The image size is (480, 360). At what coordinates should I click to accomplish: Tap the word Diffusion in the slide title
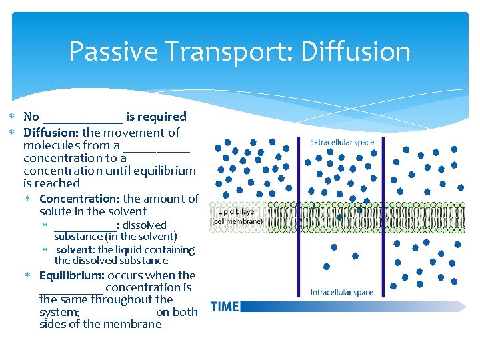click(x=355, y=52)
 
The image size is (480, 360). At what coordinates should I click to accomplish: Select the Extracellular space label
click(x=342, y=142)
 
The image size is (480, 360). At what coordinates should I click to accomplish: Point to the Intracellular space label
click(x=342, y=292)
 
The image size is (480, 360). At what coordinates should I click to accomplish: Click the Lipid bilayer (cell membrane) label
click(x=237, y=217)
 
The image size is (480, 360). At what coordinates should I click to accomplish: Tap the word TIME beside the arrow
click(x=225, y=307)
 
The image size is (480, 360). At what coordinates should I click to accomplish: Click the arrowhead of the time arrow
click(x=461, y=306)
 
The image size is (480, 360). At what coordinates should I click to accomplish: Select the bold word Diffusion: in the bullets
click(x=51, y=133)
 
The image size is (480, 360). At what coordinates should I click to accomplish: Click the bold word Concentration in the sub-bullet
click(x=77, y=199)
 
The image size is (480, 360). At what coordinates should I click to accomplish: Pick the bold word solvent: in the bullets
click(x=75, y=250)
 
